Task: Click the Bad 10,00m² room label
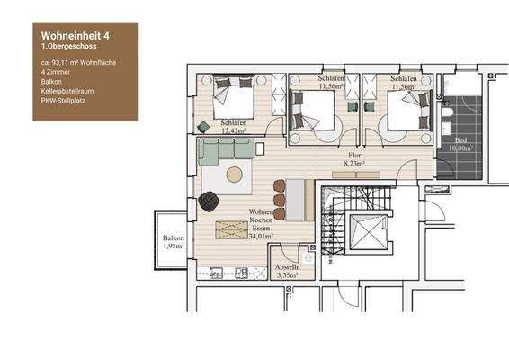[x=464, y=144]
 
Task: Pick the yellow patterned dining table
[x=231, y=230]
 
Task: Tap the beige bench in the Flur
[x=299, y=199]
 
